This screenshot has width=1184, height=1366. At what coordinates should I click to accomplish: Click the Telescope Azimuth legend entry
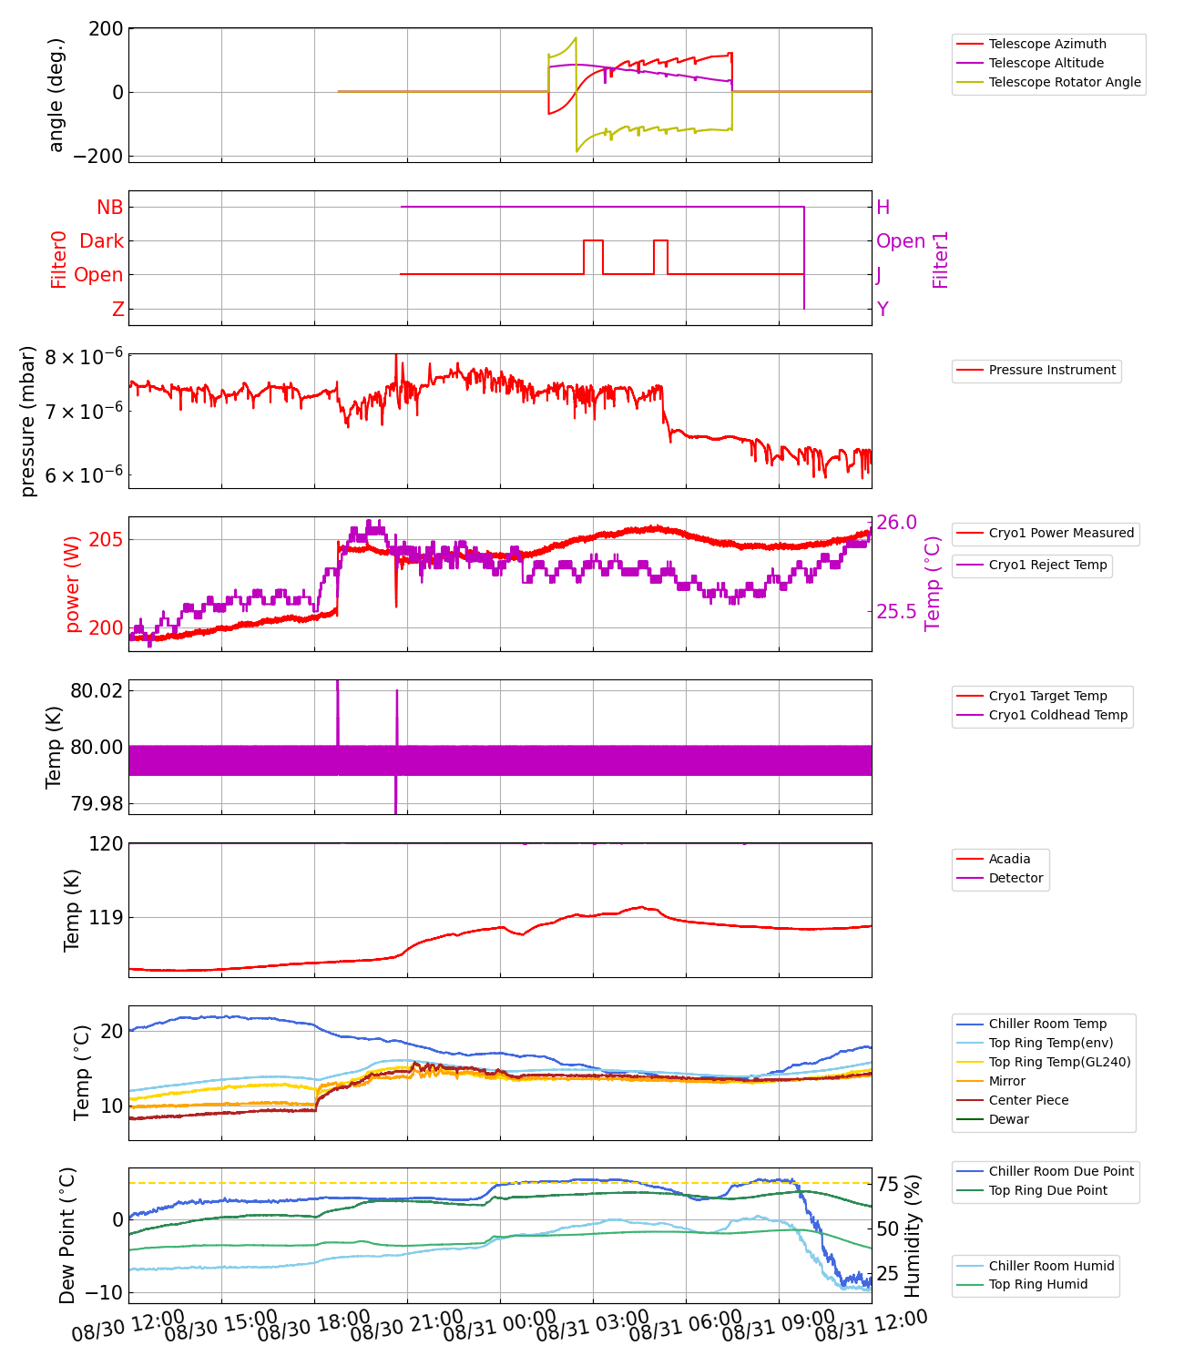(x=1047, y=44)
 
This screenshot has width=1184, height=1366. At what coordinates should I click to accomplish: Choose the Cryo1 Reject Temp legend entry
(x=1047, y=565)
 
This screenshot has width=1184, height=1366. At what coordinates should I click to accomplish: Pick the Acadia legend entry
(x=1009, y=859)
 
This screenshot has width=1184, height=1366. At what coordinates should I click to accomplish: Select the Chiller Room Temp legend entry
(x=1047, y=1024)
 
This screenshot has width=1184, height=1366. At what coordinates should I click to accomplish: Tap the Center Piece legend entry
(x=1028, y=1100)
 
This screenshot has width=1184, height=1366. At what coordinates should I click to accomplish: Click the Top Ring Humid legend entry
(x=1037, y=1284)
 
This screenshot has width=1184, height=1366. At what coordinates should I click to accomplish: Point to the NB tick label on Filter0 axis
(x=109, y=208)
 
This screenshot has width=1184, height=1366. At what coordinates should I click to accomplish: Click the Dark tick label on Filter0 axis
(x=101, y=241)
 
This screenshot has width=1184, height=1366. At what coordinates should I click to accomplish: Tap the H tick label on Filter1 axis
(x=883, y=208)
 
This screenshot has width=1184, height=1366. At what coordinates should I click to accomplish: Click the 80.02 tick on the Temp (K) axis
(x=96, y=690)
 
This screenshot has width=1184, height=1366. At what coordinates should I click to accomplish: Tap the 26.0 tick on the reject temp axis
(x=896, y=522)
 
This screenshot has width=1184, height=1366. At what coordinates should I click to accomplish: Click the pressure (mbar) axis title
(x=28, y=421)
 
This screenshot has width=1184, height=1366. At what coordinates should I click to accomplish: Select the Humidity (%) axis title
(x=913, y=1235)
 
